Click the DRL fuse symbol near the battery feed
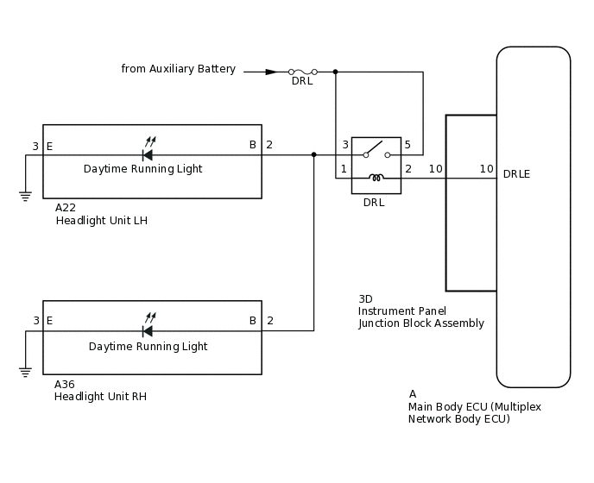coord(302,72)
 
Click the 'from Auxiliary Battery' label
coord(178,69)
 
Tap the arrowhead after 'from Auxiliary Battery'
coord(271,72)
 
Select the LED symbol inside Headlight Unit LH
coord(148,154)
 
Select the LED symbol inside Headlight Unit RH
coord(148,329)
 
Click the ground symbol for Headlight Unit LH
coord(24,195)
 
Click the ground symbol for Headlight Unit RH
coord(24,371)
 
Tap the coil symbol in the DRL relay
coord(376,178)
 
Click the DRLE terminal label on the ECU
coord(516,174)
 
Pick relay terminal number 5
coord(408,145)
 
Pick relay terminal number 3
coord(345,145)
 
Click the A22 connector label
coord(66,208)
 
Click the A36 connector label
coord(66,384)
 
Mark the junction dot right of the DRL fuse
coord(335,72)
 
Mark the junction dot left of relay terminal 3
coord(313,155)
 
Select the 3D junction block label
coord(366,298)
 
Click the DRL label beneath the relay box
coord(374,203)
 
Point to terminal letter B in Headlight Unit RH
coord(253,321)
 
